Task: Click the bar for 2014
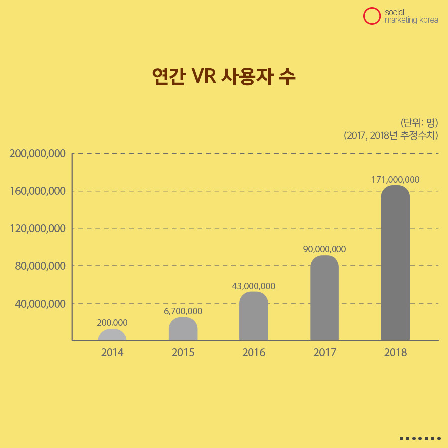click(x=112, y=335)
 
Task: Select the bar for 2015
click(x=183, y=329)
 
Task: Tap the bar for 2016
click(x=253, y=316)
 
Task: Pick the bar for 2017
click(x=324, y=298)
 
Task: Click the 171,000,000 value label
click(x=395, y=179)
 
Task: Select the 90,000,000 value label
click(x=324, y=249)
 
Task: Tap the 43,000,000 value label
click(x=253, y=286)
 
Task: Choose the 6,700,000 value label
click(x=183, y=311)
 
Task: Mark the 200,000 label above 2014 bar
click(x=112, y=323)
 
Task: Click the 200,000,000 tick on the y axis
click(x=38, y=154)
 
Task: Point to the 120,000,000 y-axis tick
click(x=38, y=228)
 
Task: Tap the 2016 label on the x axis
click(x=253, y=353)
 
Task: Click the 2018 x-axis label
click(x=395, y=353)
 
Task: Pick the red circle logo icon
click(x=371, y=16)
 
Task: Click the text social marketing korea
click(x=411, y=16)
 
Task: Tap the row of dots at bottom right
click(x=420, y=439)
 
